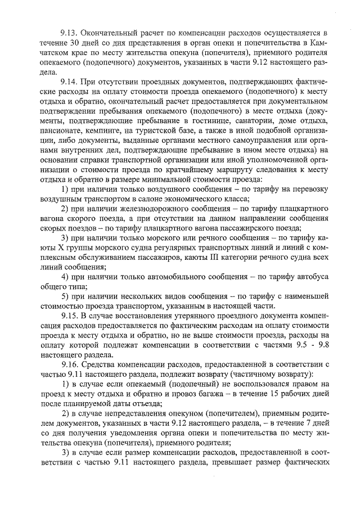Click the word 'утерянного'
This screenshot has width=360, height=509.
(183, 316)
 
